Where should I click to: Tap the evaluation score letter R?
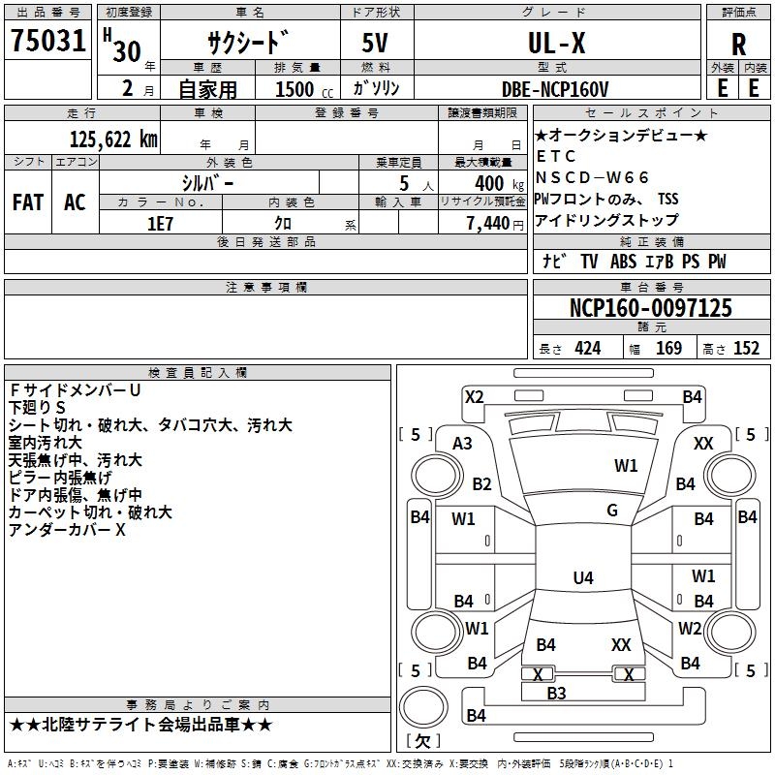738,45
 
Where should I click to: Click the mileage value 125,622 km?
113,139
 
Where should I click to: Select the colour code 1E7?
160,222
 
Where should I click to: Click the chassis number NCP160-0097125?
650,308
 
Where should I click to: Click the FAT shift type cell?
28,202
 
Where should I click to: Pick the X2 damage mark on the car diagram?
475,396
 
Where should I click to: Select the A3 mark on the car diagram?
463,443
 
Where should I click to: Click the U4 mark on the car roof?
582,578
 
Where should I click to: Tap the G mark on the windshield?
611,511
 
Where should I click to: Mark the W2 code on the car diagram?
690,628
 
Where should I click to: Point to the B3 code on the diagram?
556,693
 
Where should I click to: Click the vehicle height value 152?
746,349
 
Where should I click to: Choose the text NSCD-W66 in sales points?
593,176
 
